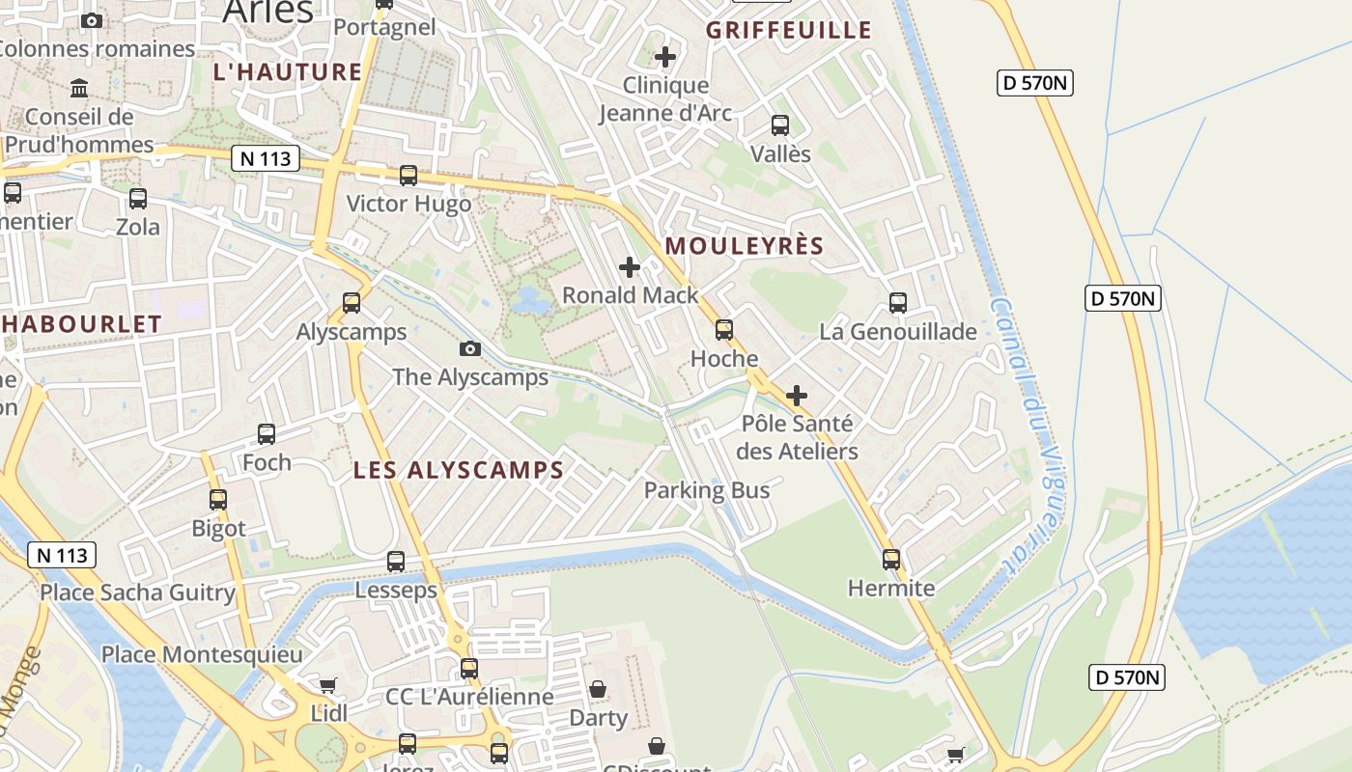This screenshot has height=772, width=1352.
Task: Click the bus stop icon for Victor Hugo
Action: (408, 176)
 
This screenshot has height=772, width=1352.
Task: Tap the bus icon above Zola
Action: (138, 199)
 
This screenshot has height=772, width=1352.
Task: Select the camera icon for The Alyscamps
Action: (470, 348)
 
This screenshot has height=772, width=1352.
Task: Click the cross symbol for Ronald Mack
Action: (630, 267)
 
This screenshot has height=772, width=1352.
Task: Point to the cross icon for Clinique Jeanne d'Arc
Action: (665, 58)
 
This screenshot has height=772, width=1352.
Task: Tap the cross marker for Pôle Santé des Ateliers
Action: (797, 396)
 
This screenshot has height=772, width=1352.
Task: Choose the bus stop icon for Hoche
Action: (724, 330)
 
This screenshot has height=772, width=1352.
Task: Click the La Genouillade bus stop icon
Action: (898, 303)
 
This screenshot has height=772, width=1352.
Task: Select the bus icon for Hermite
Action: (891, 560)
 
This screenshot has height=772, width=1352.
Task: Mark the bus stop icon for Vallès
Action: (780, 125)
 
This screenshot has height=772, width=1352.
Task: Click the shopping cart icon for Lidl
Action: (328, 685)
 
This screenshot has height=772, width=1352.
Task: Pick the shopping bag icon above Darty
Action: (598, 689)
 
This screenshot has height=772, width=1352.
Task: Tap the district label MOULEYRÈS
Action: (745, 246)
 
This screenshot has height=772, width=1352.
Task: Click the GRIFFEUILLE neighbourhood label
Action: (789, 31)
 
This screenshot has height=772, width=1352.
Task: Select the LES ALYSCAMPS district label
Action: (458, 471)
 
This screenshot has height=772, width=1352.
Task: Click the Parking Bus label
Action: (707, 490)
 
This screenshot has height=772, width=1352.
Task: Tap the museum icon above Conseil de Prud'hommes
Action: (79, 90)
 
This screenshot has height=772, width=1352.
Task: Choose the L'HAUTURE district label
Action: (288, 72)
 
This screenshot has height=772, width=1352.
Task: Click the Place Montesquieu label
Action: (202, 654)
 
